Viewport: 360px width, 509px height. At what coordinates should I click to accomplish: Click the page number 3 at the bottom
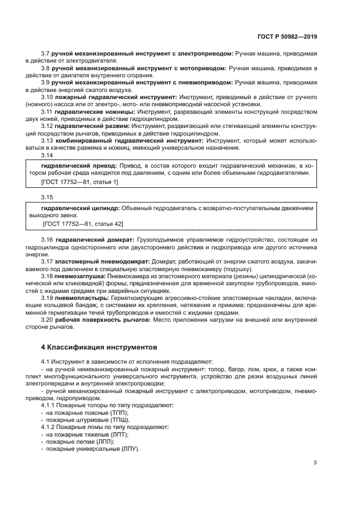315,463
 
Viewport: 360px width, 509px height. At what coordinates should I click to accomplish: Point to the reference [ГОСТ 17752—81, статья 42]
82,224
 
